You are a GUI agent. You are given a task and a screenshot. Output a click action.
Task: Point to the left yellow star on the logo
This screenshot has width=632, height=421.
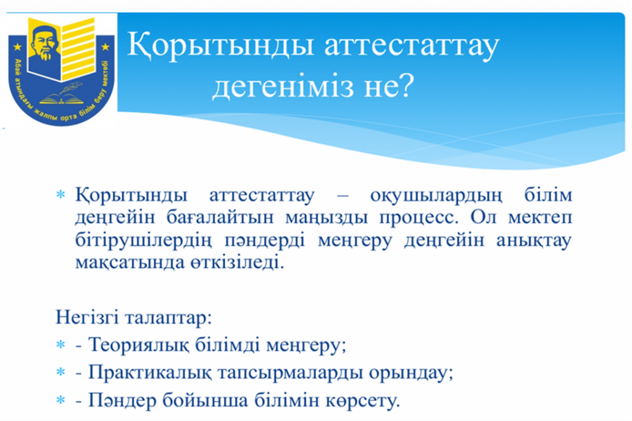tap(18, 47)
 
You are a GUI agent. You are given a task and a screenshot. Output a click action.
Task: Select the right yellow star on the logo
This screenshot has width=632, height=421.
tap(106, 47)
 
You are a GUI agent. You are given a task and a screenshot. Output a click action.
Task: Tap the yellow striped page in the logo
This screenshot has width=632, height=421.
tap(78, 48)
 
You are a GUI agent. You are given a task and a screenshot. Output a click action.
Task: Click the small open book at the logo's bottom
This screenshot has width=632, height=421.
tap(61, 98)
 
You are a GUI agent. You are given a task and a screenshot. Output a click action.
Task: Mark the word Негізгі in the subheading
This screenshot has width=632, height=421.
tap(86, 317)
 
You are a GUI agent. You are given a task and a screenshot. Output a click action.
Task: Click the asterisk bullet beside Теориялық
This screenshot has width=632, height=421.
tap(60, 345)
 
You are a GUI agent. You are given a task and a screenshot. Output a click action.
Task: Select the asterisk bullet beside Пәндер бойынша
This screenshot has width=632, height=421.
tap(60, 400)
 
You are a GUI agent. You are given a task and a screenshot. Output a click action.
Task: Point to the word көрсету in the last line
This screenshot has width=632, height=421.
tap(362, 401)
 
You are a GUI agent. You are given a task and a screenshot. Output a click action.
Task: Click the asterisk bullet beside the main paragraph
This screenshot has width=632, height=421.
tap(60, 195)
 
